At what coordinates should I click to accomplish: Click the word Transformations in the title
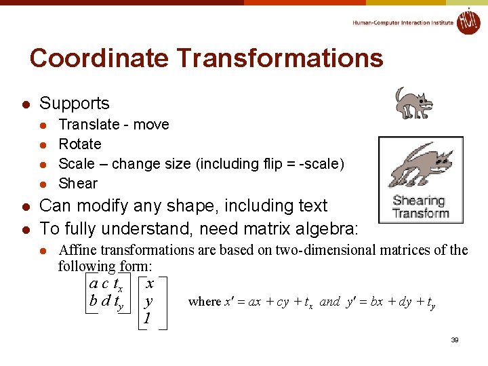point(274,58)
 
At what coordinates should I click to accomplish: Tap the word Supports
point(74,104)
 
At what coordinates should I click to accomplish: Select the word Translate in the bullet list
point(89,125)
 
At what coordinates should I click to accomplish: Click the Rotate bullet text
point(80,144)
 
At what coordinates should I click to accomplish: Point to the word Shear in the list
point(78,184)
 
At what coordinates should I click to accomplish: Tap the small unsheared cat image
point(413,103)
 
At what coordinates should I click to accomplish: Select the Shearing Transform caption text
point(420,207)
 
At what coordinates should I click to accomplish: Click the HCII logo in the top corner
point(468,21)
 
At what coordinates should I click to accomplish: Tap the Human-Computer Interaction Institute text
point(403,23)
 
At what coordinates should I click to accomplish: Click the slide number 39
point(455,340)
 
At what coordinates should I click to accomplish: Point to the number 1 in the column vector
point(146,318)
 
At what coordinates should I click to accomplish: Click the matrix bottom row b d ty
point(106,302)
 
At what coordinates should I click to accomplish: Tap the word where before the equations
point(204,302)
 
